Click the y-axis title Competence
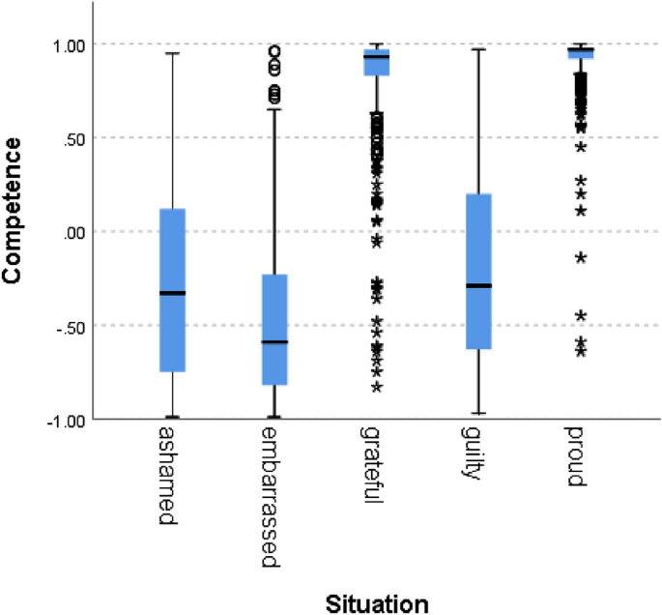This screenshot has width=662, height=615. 14,211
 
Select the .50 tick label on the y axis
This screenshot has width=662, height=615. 70,138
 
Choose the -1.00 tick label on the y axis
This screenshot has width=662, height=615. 60,420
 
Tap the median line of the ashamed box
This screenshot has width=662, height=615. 173,293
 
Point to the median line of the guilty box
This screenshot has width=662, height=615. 479,285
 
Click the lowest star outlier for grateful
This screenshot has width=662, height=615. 377,388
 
